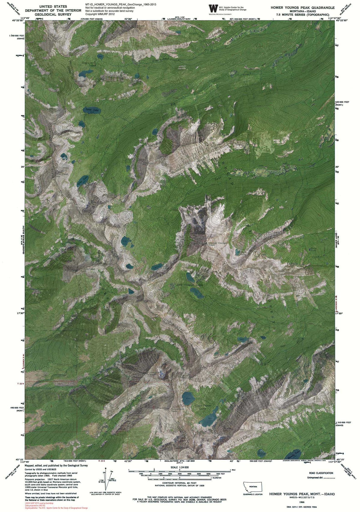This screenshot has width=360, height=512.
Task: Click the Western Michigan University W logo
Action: [213, 8]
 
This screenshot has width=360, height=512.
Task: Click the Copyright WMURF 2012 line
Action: [100, 14]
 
